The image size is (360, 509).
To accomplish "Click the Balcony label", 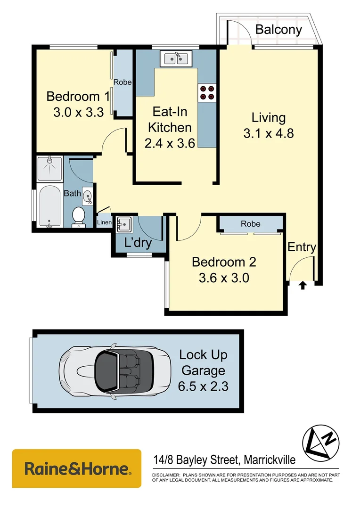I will click(x=278, y=30).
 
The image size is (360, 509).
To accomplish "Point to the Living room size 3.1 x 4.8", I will click(x=269, y=133).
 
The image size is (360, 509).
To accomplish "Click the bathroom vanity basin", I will click(x=88, y=196).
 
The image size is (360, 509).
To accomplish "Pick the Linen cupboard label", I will click(x=104, y=222).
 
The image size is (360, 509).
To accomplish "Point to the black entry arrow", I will click(x=303, y=285).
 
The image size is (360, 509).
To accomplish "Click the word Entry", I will click(x=302, y=247).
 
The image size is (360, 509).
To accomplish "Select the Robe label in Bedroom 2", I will click(x=250, y=224).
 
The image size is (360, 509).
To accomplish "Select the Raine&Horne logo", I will click(x=77, y=469).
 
